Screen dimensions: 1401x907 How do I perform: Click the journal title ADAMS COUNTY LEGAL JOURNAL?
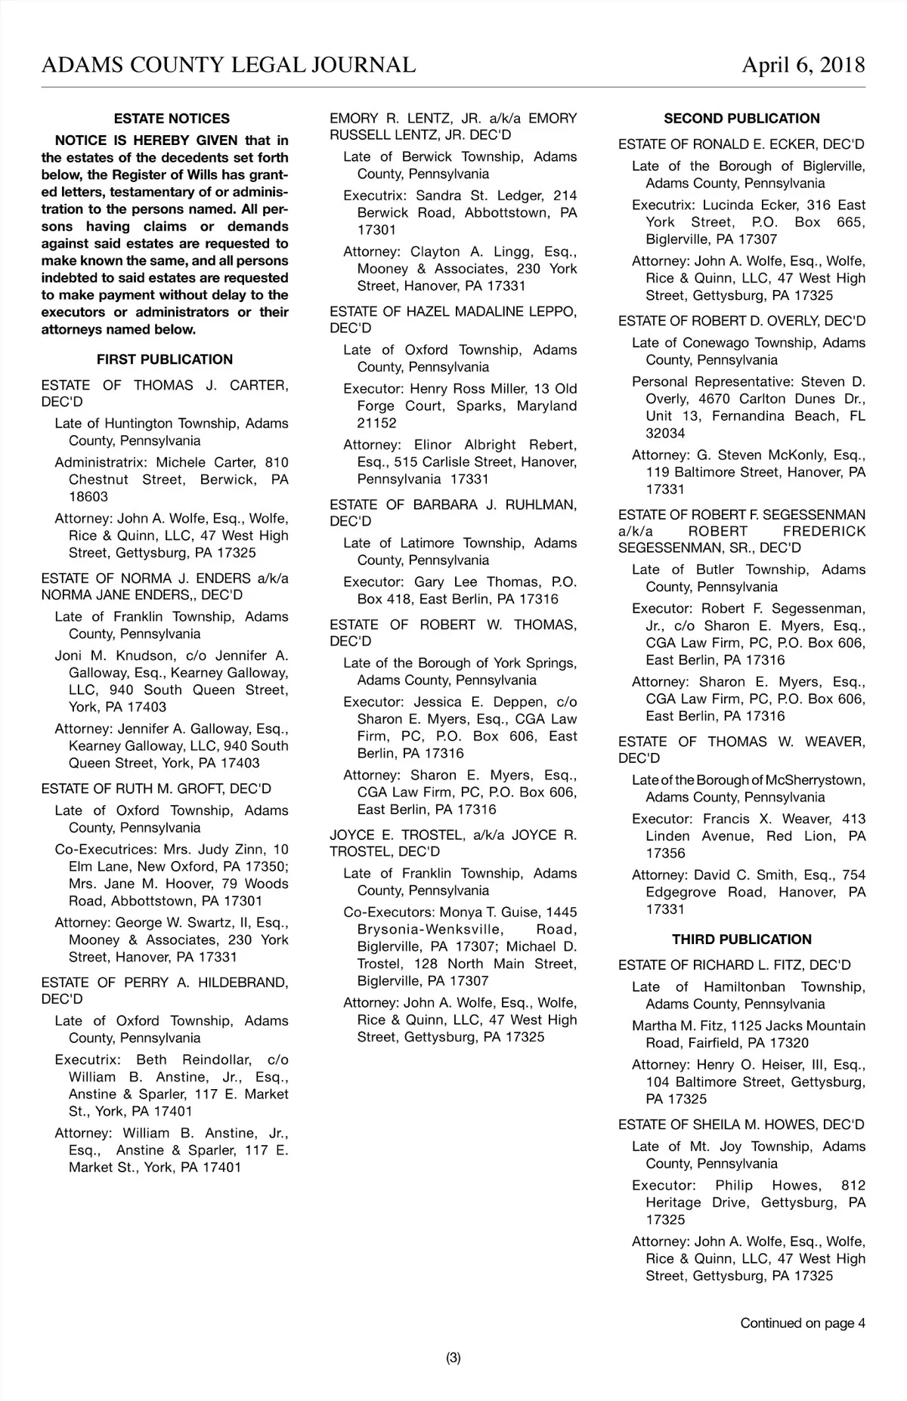coord(228,65)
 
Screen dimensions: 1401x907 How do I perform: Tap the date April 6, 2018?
coord(803,65)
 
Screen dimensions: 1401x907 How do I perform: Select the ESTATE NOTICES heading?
coord(172,119)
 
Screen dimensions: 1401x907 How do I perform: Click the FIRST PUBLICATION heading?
coord(165,360)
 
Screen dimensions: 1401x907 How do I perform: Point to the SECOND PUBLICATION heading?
coord(741,119)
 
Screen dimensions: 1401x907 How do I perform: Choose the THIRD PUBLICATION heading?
coord(741,940)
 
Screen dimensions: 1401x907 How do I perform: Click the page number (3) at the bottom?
coord(453,1358)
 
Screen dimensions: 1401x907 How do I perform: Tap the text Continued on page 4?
coord(803,1322)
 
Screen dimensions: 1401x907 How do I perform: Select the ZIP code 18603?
coord(88,497)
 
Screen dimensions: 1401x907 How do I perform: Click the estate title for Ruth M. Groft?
coord(156,788)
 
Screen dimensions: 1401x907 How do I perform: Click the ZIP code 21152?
coord(376,424)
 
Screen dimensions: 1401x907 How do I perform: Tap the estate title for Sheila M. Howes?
coord(741,1125)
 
